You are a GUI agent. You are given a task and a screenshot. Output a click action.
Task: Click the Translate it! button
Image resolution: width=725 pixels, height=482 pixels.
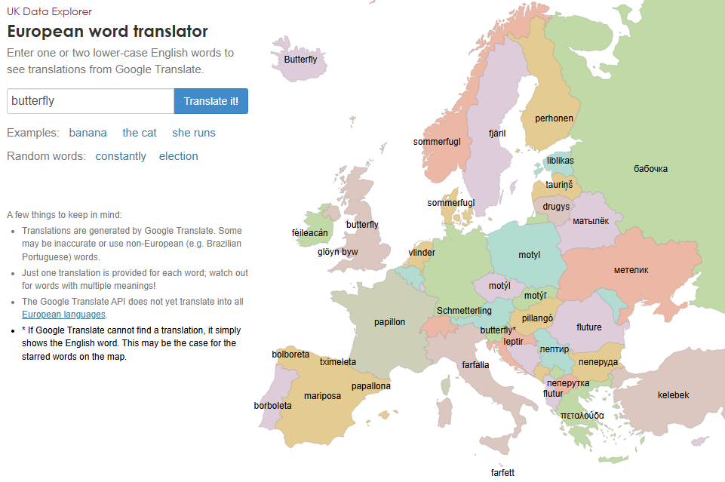pos(210,101)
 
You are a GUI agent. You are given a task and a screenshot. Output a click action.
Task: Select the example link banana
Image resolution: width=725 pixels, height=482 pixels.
pos(88,133)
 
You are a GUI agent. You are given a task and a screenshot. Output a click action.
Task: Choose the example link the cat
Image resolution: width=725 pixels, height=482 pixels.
pos(140,133)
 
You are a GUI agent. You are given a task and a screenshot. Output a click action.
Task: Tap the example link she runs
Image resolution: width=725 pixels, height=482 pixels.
pos(194,133)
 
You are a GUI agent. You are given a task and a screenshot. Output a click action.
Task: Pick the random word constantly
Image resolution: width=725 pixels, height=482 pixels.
pos(121,156)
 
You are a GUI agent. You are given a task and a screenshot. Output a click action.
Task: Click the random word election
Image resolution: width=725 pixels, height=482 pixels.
pos(178,156)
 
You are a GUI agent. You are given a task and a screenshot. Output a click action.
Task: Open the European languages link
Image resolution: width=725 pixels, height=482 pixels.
pos(64,315)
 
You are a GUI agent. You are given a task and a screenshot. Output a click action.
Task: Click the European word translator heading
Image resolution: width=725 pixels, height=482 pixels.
pos(107,32)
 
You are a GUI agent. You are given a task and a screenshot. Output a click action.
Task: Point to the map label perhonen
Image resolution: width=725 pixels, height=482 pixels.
pos(554,118)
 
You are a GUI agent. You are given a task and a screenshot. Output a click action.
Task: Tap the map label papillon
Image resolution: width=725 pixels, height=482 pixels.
pos(389,322)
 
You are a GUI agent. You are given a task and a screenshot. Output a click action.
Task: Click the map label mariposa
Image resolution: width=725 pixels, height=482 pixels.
pos(323,396)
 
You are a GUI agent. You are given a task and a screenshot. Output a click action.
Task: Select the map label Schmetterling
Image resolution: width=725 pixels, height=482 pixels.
pos(464,311)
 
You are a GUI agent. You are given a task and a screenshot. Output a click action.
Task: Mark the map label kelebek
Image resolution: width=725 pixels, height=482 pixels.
pos(673,395)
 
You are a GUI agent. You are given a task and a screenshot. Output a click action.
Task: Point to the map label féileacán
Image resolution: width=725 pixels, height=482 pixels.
pos(309,233)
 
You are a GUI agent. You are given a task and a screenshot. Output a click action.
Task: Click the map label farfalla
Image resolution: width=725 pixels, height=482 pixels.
pos(475,365)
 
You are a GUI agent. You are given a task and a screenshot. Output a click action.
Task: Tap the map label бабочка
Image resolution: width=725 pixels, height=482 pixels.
pos(650,169)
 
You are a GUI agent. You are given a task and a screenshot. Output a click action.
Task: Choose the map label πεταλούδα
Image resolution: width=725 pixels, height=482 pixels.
pos(582,415)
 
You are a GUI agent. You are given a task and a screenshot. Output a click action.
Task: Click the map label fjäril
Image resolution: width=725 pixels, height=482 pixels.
pos(497,134)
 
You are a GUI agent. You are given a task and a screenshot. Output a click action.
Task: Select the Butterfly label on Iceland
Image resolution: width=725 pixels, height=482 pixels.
pos(300,60)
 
